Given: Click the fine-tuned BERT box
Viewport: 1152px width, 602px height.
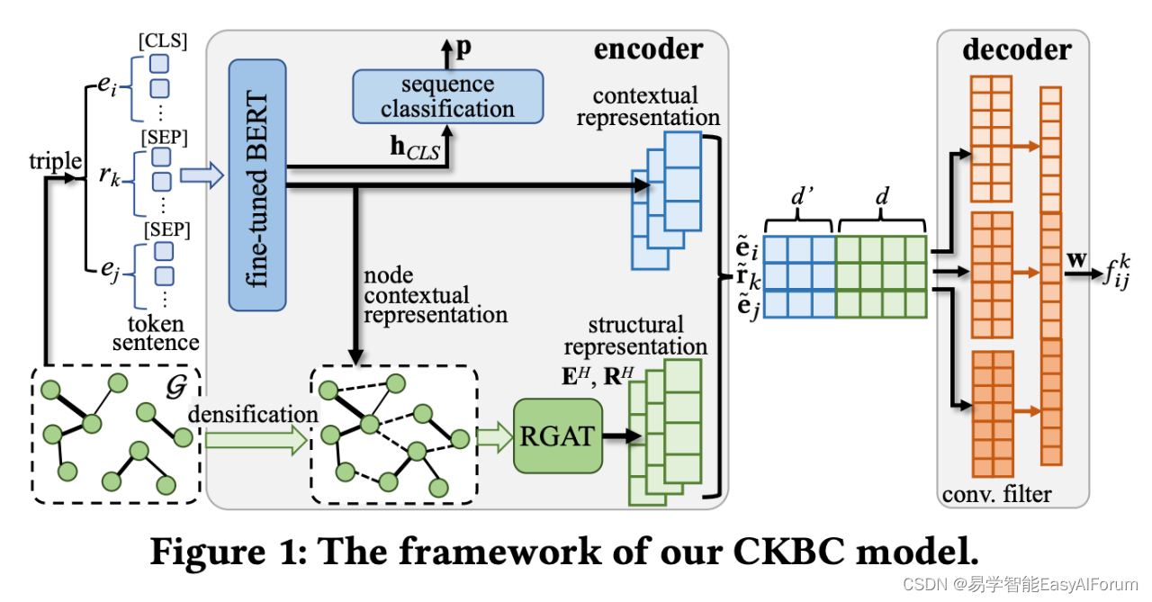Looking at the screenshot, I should (257, 184).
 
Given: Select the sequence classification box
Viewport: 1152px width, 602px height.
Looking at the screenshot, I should (448, 96).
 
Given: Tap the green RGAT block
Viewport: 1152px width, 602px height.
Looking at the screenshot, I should (557, 436).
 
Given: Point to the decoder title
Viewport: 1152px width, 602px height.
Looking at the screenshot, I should (1017, 49).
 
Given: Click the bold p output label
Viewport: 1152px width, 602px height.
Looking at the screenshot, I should (463, 49).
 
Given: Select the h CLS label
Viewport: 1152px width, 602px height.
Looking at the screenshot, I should (415, 149).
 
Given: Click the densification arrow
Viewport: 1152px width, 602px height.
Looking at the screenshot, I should (254, 439).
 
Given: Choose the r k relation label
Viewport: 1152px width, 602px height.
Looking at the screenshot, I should (110, 175).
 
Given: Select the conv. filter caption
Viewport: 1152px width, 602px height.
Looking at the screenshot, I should (996, 494).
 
